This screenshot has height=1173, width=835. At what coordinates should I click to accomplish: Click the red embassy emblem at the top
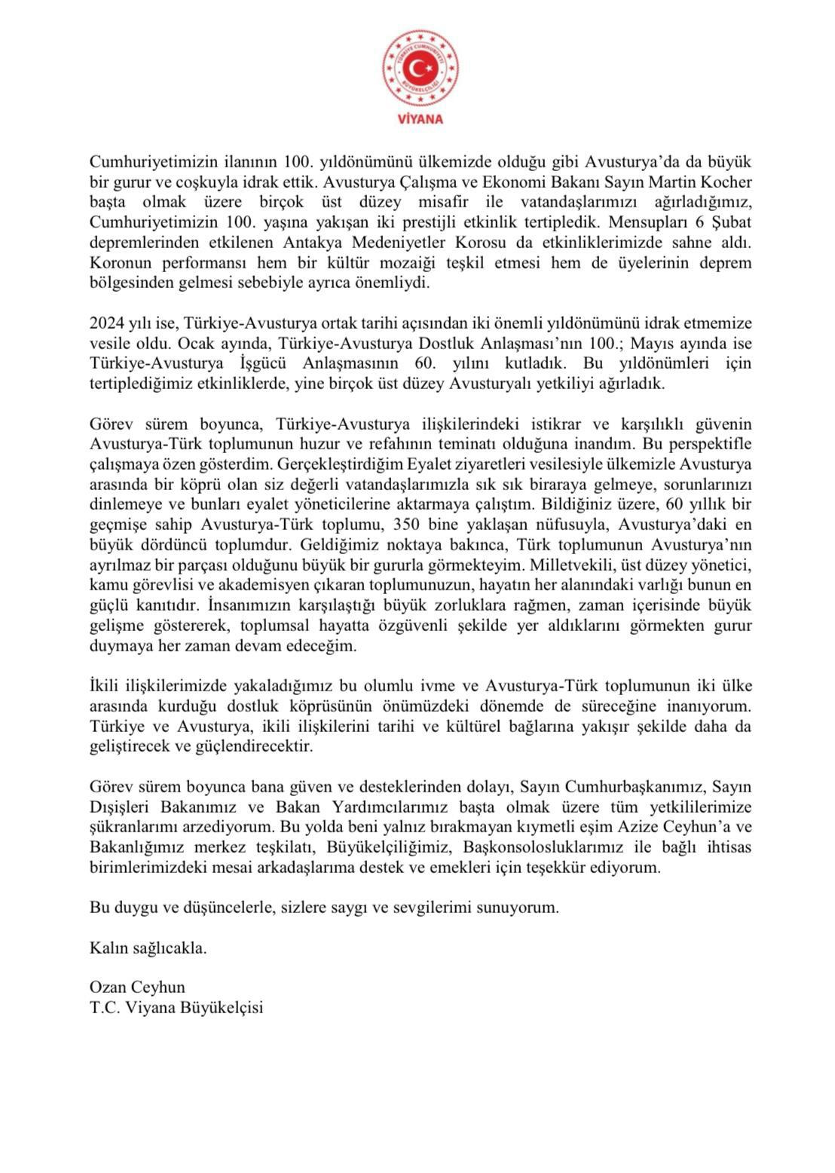pos(421,69)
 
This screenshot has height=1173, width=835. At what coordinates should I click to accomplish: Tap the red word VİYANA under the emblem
pos(421,119)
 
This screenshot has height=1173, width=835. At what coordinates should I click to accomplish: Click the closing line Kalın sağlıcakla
pos(148,948)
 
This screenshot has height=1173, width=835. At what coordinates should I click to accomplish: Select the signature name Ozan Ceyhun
pos(137,987)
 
